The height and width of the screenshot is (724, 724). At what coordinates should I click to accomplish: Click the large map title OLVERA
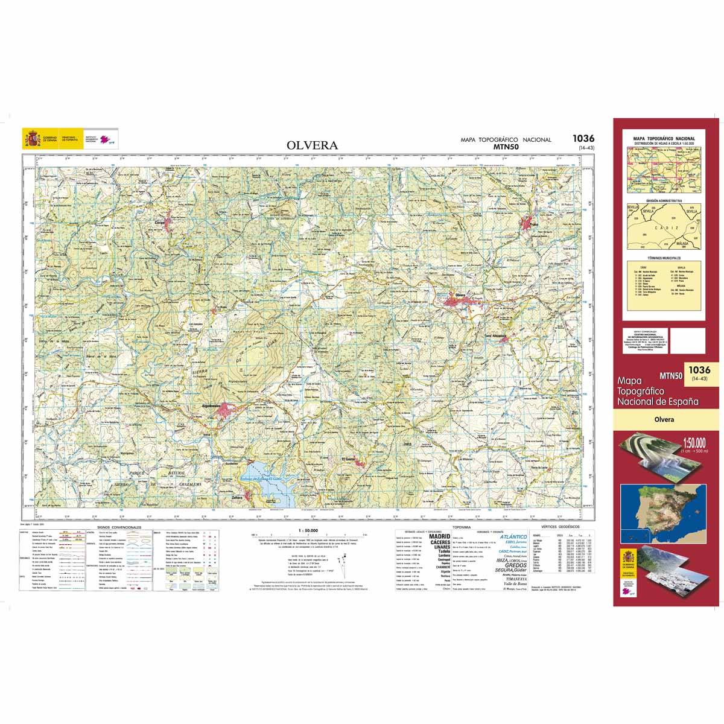point(313,145)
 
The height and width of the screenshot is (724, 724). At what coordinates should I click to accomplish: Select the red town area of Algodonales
point(227,410)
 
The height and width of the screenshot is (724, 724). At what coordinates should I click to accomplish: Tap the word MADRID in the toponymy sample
point(440,536)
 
